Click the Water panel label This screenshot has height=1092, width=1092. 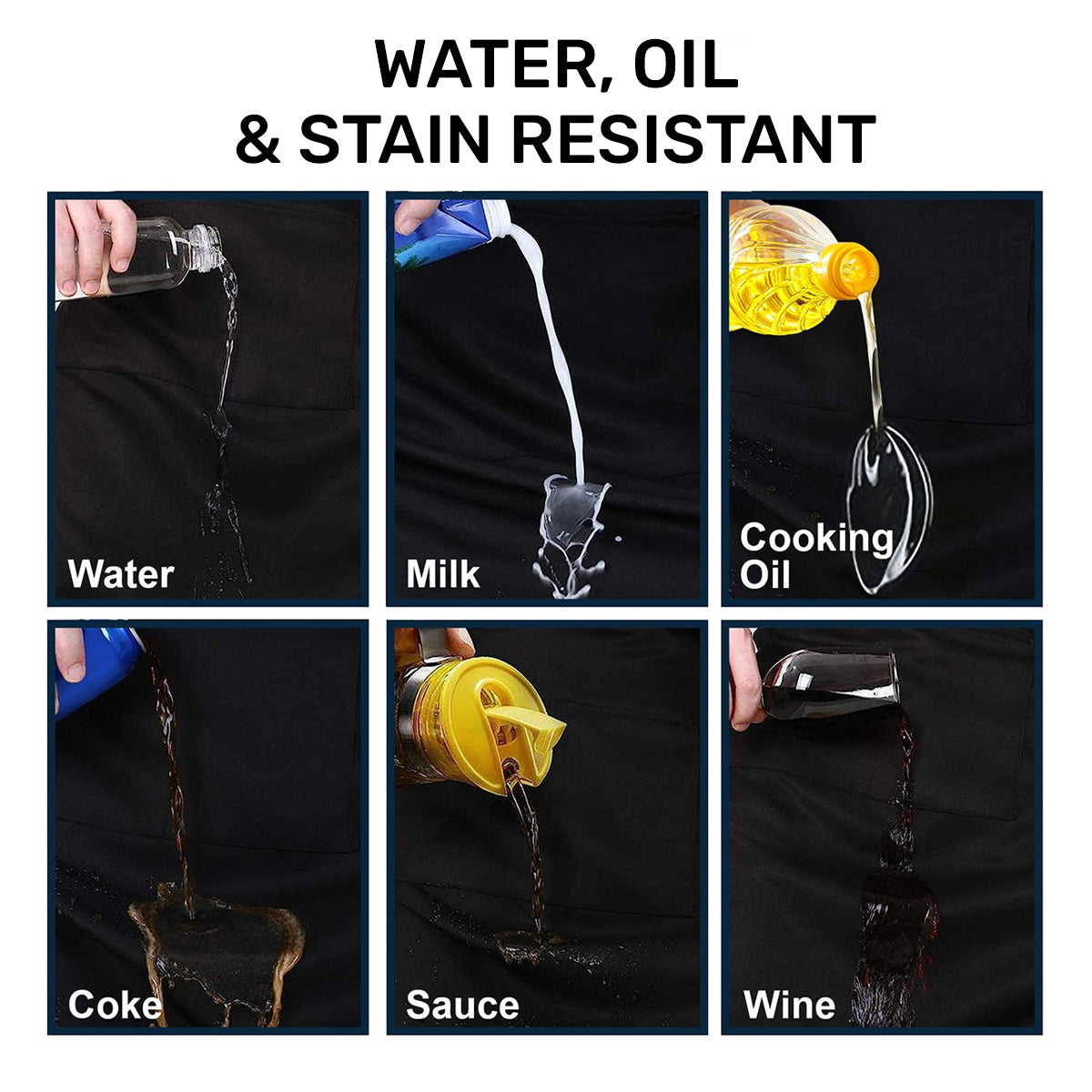point(120,574)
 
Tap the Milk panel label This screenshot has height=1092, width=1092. point(442,574)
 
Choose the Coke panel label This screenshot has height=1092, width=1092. point(113,1005)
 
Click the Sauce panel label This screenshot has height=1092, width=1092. point(462,1005)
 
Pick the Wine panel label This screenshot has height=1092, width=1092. point(789,1005)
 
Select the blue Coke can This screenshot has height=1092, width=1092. point(96,669)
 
